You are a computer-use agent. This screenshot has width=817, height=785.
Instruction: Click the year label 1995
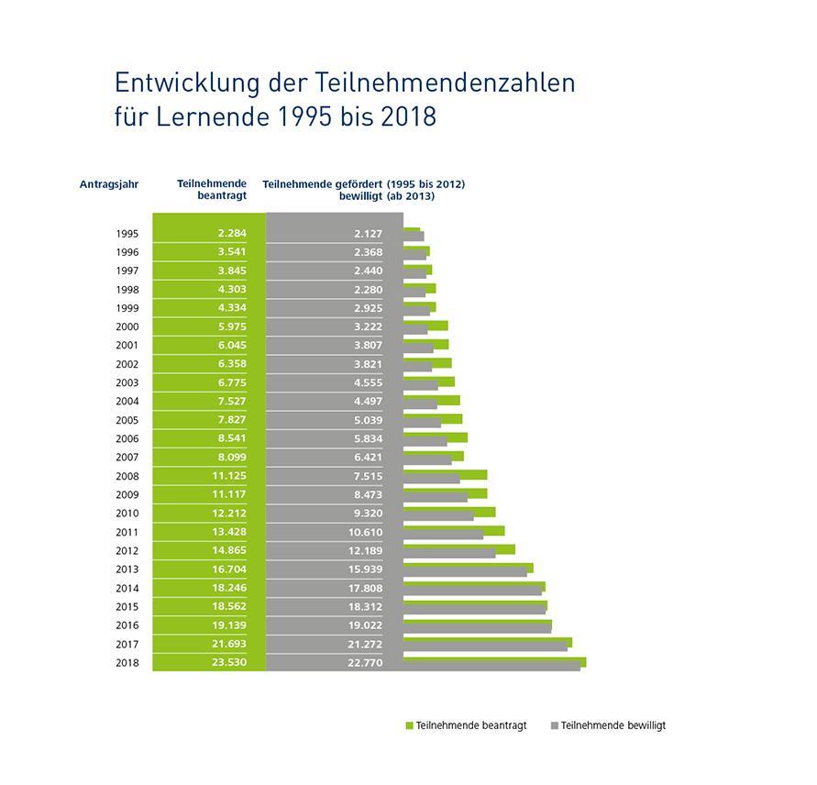[x=127, y=234]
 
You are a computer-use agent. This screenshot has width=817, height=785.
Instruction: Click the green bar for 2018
[x=494, y=660]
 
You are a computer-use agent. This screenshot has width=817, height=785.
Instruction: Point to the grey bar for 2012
[x=449, y=553]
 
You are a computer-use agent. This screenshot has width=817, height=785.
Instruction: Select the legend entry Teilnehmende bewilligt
[x=613, y=725]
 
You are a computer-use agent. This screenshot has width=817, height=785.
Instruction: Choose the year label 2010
[x=127, y=514]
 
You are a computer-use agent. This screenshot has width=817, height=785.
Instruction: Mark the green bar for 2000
[x=425, y=325]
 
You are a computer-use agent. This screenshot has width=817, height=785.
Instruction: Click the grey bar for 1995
[x=414, y=237]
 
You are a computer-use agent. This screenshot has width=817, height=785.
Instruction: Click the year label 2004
[x=127, y=402]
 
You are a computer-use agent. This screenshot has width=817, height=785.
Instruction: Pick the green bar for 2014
[x=474, y=585]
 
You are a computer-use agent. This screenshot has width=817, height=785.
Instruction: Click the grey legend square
[x=554, y=725]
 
